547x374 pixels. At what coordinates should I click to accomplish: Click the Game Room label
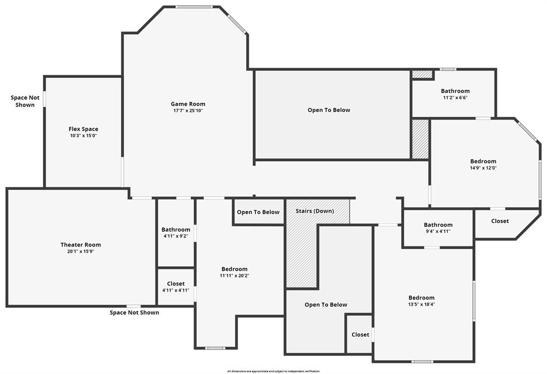coord(188,104)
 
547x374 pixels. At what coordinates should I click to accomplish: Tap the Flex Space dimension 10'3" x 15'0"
coord(83,136)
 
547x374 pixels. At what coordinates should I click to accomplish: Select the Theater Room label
coord(81,245)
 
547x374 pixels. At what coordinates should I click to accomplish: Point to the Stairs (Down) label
coord(315,211)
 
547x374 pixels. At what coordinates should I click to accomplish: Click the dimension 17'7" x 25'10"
coord(188,111)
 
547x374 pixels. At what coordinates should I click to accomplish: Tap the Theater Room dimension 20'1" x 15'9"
coord(81,252)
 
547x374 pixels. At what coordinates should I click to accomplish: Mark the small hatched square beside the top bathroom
coord(422,75)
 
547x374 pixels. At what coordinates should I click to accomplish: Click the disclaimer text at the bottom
coord(273,371)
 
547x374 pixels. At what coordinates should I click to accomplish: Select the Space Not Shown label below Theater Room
coord(134,313)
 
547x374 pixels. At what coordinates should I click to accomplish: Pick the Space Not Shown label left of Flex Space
coord(25,101)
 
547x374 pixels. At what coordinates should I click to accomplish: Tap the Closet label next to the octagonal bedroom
coord(500,221)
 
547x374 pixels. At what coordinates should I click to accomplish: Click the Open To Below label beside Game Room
coord(329,110)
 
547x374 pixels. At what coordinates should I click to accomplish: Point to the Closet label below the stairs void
coord(360,335)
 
